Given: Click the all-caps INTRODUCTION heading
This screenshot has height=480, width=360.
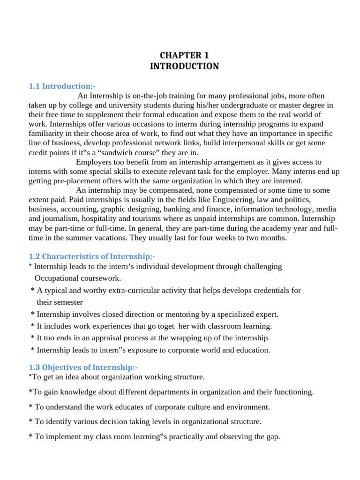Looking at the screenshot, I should point(184,66).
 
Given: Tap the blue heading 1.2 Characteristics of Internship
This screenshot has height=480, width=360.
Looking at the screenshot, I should point(91,256).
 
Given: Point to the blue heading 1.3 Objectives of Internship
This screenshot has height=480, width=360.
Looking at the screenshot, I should point(83,367).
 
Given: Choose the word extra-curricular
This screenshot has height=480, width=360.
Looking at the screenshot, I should point(153,290).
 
